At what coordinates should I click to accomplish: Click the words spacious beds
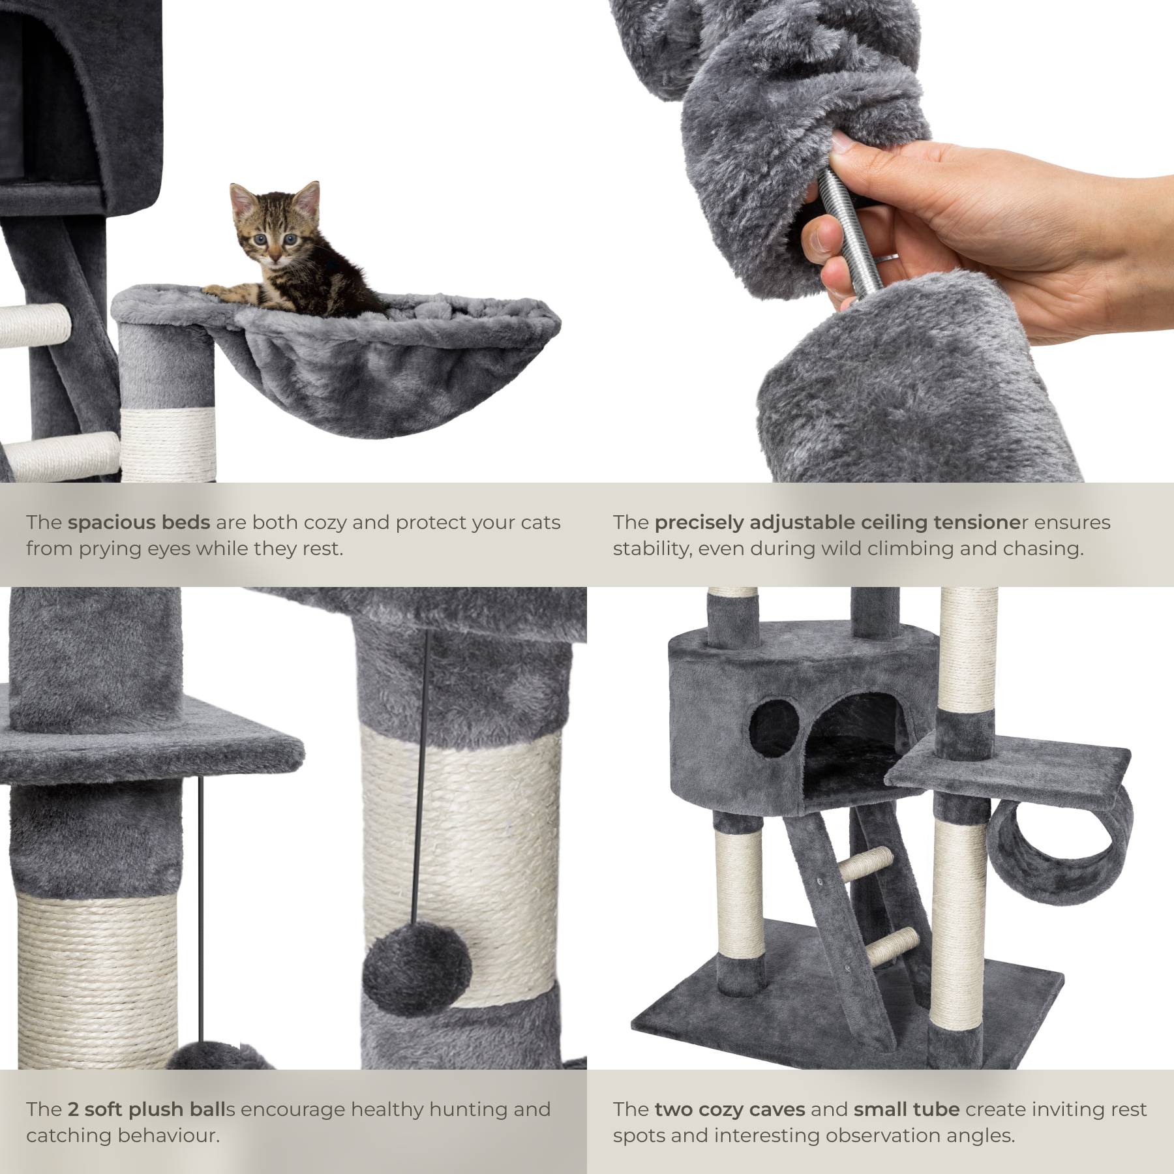pyautogui.click(x=139, y=522)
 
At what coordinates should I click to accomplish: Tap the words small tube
pyautogui.click(x=906, y=1109)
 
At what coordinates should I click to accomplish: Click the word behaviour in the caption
pyautogui.click(x=168, y=1136)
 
